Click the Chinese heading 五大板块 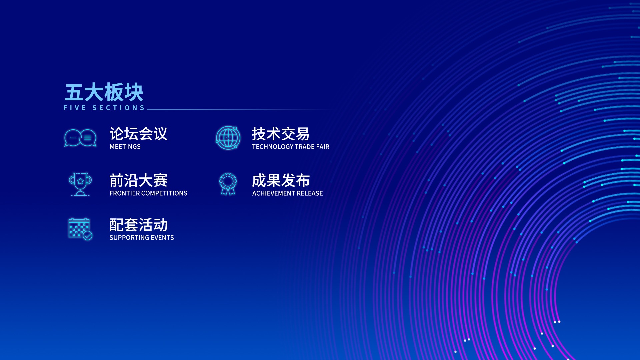pos(104,92)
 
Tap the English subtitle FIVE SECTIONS pos(104,108)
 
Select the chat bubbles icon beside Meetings pos(80,138)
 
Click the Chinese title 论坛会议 pos(138,134)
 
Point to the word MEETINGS pos(125,147)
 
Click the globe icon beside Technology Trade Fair pos(228,138)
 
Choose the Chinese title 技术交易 pos(281,134)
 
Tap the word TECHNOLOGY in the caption pos(272,147)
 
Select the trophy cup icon pos(80,184)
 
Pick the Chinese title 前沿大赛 pos(138,180)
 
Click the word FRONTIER pos(125,193)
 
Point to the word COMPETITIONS pos(164,193)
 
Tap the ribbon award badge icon pos(228,184)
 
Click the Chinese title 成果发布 pos(281,181)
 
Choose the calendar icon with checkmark pos(80,229)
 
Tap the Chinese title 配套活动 pos(138,225)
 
